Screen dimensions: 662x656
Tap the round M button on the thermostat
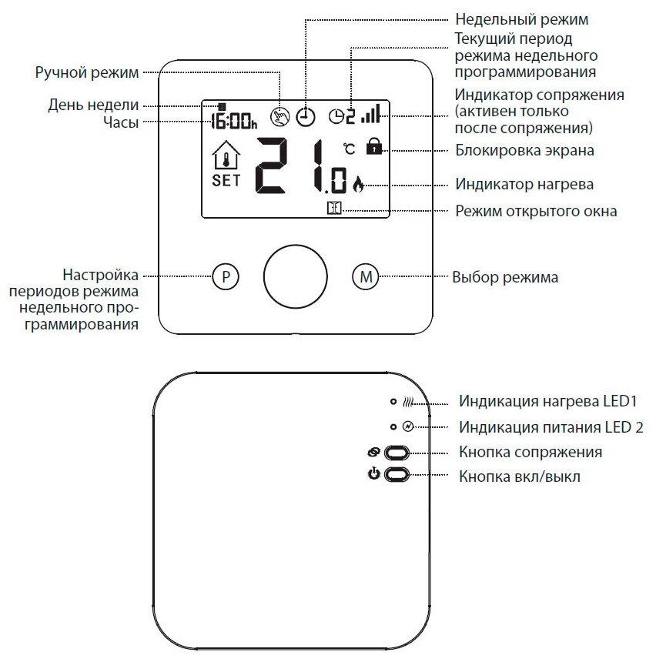[366, 277]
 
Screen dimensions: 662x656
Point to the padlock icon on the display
[375, 146]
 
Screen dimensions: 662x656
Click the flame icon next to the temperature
[357, 184]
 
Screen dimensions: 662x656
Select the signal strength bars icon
[371, 115]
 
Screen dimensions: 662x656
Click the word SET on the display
[226, 181]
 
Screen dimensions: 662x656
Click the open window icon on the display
[333, 208]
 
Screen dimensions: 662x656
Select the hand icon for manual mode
[279, 117]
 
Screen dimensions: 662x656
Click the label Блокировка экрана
[524, 150]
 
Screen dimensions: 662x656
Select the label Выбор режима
[505, 277]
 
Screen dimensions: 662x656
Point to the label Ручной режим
[87, 73]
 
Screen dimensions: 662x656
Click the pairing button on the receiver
[396, 453]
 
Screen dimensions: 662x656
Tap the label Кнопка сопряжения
[530, 452]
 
